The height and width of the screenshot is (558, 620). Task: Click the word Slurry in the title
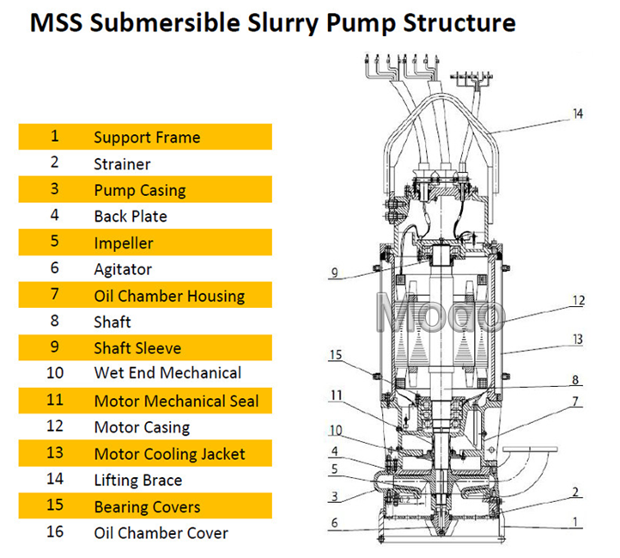click(283, 23)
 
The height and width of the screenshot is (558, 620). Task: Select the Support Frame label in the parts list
click(147, 138)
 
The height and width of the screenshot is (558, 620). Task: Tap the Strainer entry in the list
click(122, 164)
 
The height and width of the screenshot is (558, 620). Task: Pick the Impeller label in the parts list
click(124, 243)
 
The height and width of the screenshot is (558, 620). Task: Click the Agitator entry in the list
click(123, 270)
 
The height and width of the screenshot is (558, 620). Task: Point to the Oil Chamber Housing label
click(169, 296)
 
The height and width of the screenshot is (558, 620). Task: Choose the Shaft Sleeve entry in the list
click(137, 348)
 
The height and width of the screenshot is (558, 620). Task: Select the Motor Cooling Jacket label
click(170, 454)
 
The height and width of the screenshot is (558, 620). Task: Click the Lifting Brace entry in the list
click(138, 481)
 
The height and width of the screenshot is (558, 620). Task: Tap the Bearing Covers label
click(147, 507)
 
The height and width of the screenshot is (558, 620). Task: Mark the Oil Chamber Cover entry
click(161, 533)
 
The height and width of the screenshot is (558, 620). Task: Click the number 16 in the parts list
click(55, 532)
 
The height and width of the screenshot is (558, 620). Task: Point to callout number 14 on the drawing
click(578, 114)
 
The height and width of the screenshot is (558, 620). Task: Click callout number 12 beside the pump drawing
click(579, 301)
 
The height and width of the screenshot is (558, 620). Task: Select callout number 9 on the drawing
click(335, 273)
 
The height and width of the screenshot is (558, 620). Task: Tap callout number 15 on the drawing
click(335, 354)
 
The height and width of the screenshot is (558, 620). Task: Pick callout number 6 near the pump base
click(335, 523)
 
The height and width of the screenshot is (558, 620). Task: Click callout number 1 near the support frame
click(575, 522)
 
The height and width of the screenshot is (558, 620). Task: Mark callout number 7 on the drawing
click(575, 402)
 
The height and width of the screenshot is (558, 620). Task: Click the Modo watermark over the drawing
click(440, 312)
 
